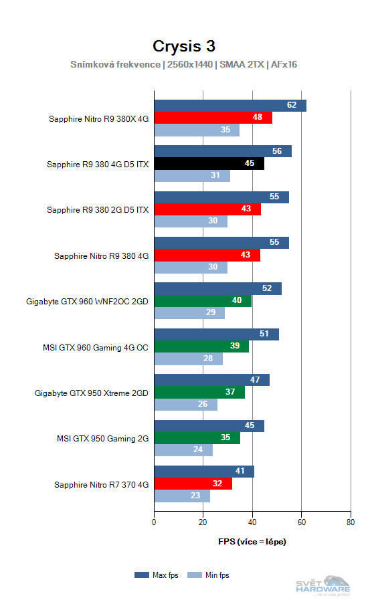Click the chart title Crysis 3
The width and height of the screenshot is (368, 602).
click(x=183, y=45)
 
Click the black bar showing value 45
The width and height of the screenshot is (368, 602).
click(x=209, y=164)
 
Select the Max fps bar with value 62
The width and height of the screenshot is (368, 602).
click(x=230, y=106)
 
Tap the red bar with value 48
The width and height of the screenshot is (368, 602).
click(x=213, y=118)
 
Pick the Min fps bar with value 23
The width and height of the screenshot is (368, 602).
click(x=182, y=496)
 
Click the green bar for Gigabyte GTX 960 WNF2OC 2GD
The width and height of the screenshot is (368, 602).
click(x=203, y=301)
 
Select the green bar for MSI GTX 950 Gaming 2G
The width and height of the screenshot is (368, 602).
click(x=197, y=438)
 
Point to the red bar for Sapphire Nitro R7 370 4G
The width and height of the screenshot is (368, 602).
click(x=193, y=484)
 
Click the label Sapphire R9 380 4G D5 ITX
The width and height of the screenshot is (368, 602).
click(x=98, y=164)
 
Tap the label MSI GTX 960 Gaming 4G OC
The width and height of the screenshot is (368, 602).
click(x=95, y=347)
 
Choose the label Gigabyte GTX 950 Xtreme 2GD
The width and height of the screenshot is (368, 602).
click(x=92, y=393)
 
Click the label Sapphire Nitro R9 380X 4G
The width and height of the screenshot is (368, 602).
click(x=98, y=118)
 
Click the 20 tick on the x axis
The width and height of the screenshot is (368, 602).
click(x=203, y=522)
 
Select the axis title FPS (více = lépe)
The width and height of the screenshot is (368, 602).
click(x=252, y=541)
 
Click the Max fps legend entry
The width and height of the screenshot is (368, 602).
click(x=158, y=575)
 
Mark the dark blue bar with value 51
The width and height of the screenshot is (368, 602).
click(x=216, y=334)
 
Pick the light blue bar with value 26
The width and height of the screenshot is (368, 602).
click(x=185, y=405)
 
